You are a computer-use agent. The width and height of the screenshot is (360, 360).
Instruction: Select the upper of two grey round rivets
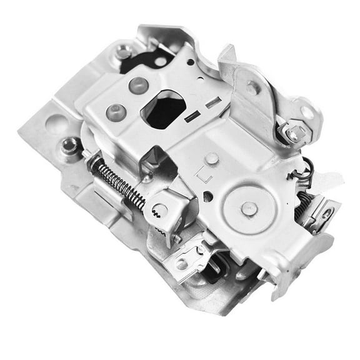pos(138,85)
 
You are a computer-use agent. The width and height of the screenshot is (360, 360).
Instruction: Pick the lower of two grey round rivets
pos(116,112)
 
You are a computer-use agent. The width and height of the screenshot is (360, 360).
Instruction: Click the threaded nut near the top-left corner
pos(123,52)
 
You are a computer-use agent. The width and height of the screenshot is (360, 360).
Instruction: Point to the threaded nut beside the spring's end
pos(69,146)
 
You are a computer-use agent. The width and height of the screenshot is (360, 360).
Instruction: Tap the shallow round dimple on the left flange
pos(56,124)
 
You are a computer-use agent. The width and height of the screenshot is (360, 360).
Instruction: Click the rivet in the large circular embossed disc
pos(249,209)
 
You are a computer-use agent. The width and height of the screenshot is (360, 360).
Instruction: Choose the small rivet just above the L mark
pos(212,158)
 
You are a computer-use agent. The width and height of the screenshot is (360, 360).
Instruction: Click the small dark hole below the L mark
pos(207,196)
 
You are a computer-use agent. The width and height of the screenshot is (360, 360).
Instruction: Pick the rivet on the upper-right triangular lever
pos(253,88)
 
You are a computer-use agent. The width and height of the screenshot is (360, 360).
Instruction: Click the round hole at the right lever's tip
pos(306,113)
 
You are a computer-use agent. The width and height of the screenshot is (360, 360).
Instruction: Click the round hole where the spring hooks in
pos(161,210)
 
